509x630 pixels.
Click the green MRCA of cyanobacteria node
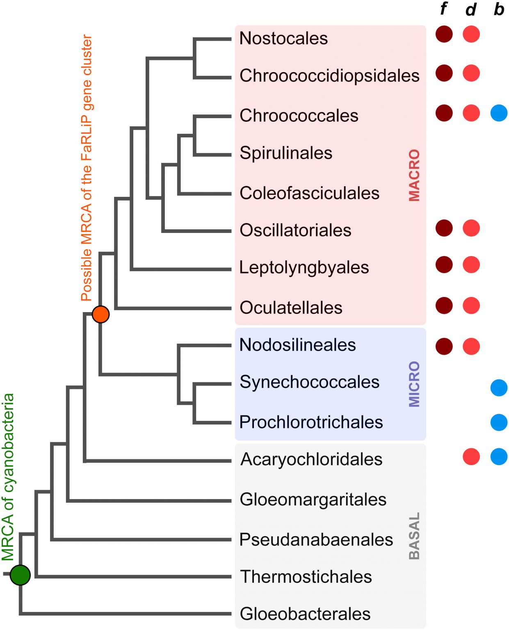(x=20, y=575)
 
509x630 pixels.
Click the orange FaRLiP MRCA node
(x=100, y=314)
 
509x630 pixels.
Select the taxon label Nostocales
(x=283, y=39)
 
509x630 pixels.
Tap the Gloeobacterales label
(x=305, y=614)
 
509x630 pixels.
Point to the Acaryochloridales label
(x=311, y=459)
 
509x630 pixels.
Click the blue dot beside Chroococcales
(x=499, y=113)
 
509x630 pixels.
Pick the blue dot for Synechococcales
(x=499, y=388)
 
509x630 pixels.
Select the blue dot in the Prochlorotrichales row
(x=499, y=422)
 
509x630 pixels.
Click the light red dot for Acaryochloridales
(x=471, y=457)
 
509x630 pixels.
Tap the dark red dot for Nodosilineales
(x=444, y=346)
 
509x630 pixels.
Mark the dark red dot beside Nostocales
(x=444, y=34)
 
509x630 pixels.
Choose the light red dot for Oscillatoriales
(x=471, y=228)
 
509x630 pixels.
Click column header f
(x=443, y=9)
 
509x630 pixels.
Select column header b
(x=499, y=9)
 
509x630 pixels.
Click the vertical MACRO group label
(x=414, y=175)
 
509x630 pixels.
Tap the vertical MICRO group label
(x=414, y=384)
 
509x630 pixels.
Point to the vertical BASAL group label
(x=414, y=536)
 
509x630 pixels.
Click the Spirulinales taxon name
(x=286, y=153)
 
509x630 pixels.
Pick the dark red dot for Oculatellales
(x=444, y=306)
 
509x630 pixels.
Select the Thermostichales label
(x=306, y=577)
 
